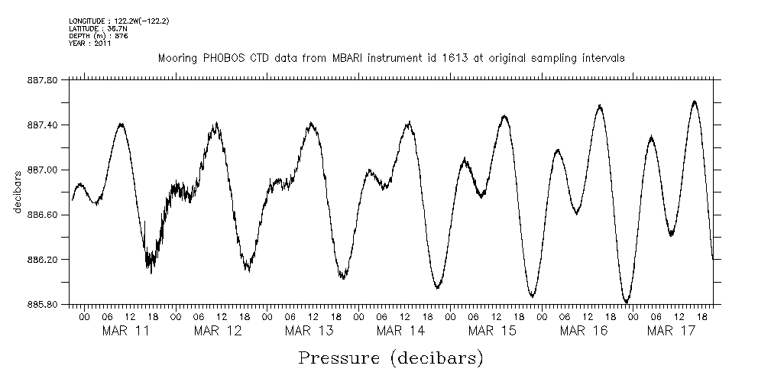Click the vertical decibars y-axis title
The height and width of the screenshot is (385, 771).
pyautogui.click(x=17, y=192)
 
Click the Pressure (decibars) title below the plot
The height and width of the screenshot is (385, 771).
pyautogui.click(x=390, y=357)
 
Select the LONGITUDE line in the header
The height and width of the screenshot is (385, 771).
pyautogui.click(x=118, y=21)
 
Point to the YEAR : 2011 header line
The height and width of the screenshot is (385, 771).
pyautogui.click(x=90, y=44)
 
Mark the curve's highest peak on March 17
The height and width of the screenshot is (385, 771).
pyautogui.click(x=694, y=101)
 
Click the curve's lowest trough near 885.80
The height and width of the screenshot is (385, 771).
pyautogui.click(x=626, y=302)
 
